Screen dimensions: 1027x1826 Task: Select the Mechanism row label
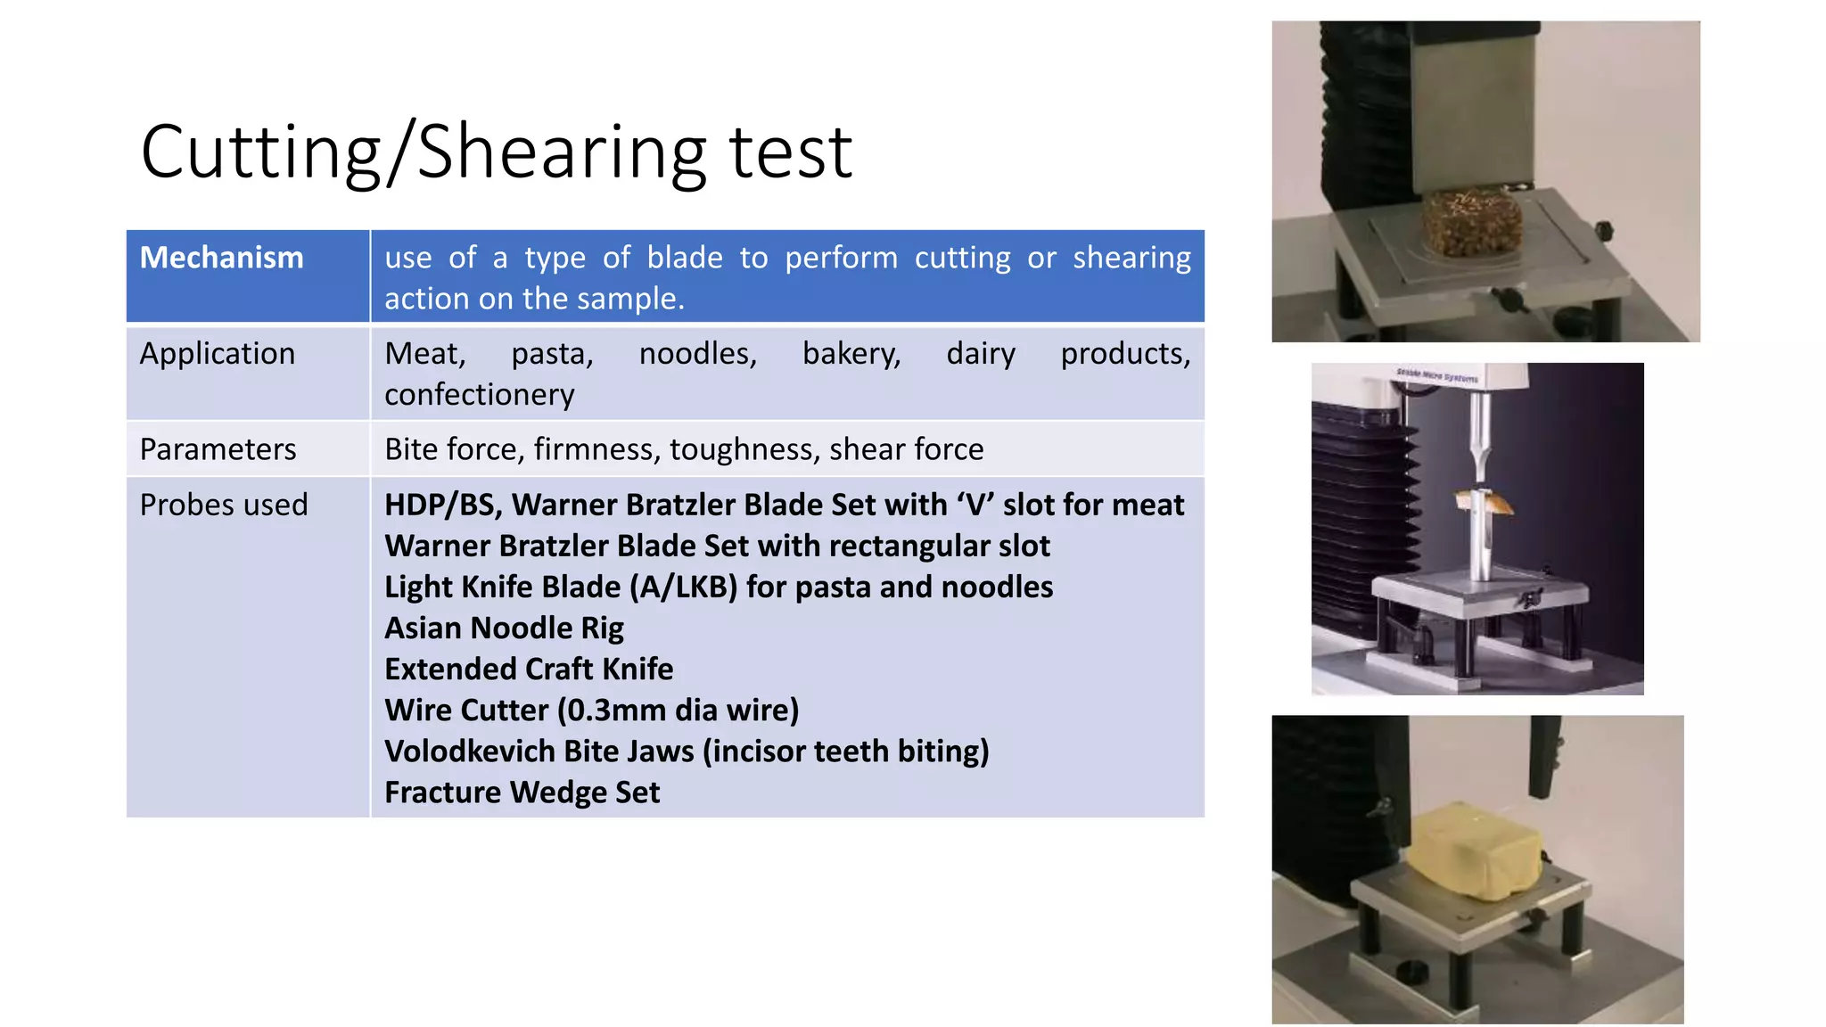click(x=221, y=258)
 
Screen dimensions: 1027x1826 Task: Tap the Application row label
click(x=217, y=354)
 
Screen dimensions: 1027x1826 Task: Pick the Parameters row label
click(x=218, y=449)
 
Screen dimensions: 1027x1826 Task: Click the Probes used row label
click(x=223, y=505)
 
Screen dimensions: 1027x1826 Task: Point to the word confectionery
click(x=479, y=395)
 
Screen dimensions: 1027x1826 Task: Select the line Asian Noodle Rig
click(x=504, y=629)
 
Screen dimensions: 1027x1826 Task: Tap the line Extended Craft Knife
click(x=528, y=670)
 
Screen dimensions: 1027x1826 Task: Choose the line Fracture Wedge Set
click(x=522, y=793)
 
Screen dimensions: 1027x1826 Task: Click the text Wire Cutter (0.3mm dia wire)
click(x=591, y=711)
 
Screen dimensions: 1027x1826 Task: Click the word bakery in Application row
click(x=851, y=354)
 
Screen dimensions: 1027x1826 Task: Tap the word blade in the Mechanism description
click(x=684, y=258)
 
